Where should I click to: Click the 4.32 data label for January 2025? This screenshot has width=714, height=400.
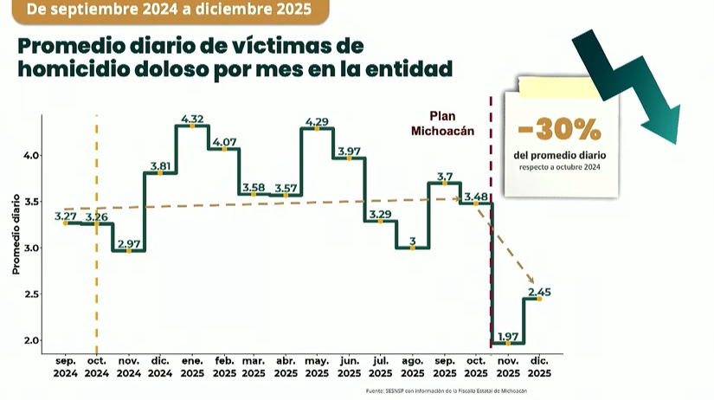pyautogui.click(x=192, y=119)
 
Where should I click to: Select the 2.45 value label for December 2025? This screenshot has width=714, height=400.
pyautogui.click(x=539, y=292)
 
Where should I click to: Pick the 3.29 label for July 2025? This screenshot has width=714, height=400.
pyautogui.click(x=380, y=214)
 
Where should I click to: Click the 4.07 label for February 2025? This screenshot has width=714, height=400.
pyautogui.click(x=223, y=142)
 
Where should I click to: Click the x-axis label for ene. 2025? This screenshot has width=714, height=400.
pyautogui.click(x=191, y=367)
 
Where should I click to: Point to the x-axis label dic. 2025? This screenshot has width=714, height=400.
pyautogui.click(x=539, y=367)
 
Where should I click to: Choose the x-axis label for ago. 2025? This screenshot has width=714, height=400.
pyautogui.click(x=412, y=367)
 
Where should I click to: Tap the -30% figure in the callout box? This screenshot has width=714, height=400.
pyautogui.click(x=559, y=131)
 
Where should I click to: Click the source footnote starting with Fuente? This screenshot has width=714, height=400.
pyautogui.click(x=446, y=391)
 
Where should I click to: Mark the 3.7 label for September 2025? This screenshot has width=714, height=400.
pyautogui.click(x=443, y=176)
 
